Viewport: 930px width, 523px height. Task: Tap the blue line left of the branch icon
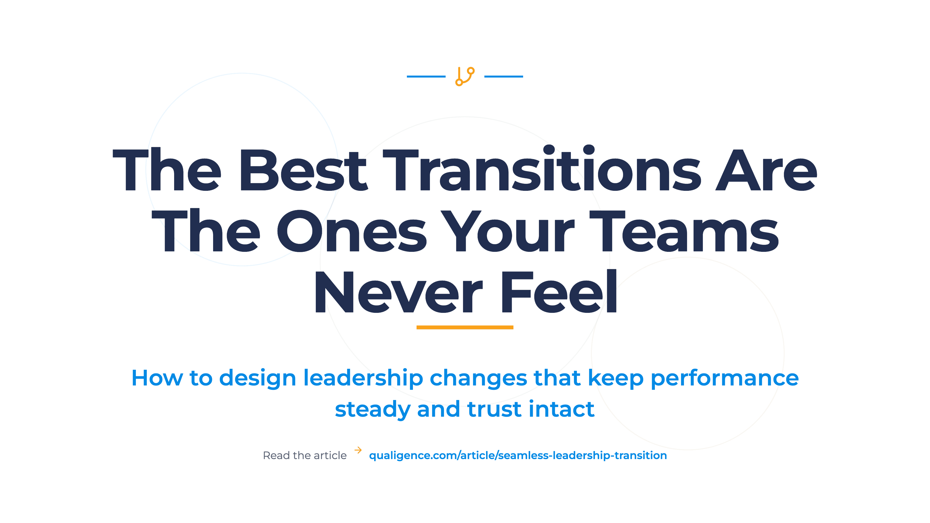(426, 77)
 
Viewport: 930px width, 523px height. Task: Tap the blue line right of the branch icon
(504, 77)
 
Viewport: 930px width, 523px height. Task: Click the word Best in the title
(303, 170)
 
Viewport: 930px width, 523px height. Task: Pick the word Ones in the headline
(352, 231)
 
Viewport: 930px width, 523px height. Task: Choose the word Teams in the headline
(684, 231)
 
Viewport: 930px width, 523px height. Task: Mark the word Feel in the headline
(559, 291)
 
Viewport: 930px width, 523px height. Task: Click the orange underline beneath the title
(465, 327)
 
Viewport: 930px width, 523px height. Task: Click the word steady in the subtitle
(372, 410)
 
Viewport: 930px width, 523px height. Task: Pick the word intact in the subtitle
(562, 409)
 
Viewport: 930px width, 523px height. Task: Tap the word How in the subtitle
(157, 378)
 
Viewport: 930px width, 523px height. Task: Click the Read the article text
(305, 455)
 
